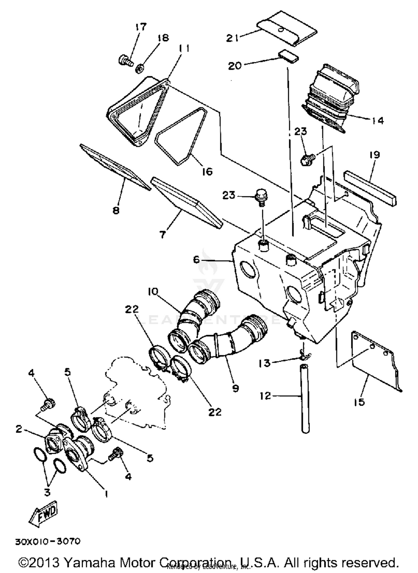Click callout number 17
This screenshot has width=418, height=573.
[141, 27]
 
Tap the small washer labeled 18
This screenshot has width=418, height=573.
[139, 68]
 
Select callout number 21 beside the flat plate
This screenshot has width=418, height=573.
[232, 38]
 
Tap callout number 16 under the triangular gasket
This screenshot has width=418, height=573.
[207, 171]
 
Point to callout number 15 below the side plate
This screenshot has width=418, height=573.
[359, 402]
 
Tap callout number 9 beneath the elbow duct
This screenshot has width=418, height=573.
[235, 388]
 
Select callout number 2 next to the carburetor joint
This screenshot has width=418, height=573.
[19, 429]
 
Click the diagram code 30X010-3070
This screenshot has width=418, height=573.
[48, 541]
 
